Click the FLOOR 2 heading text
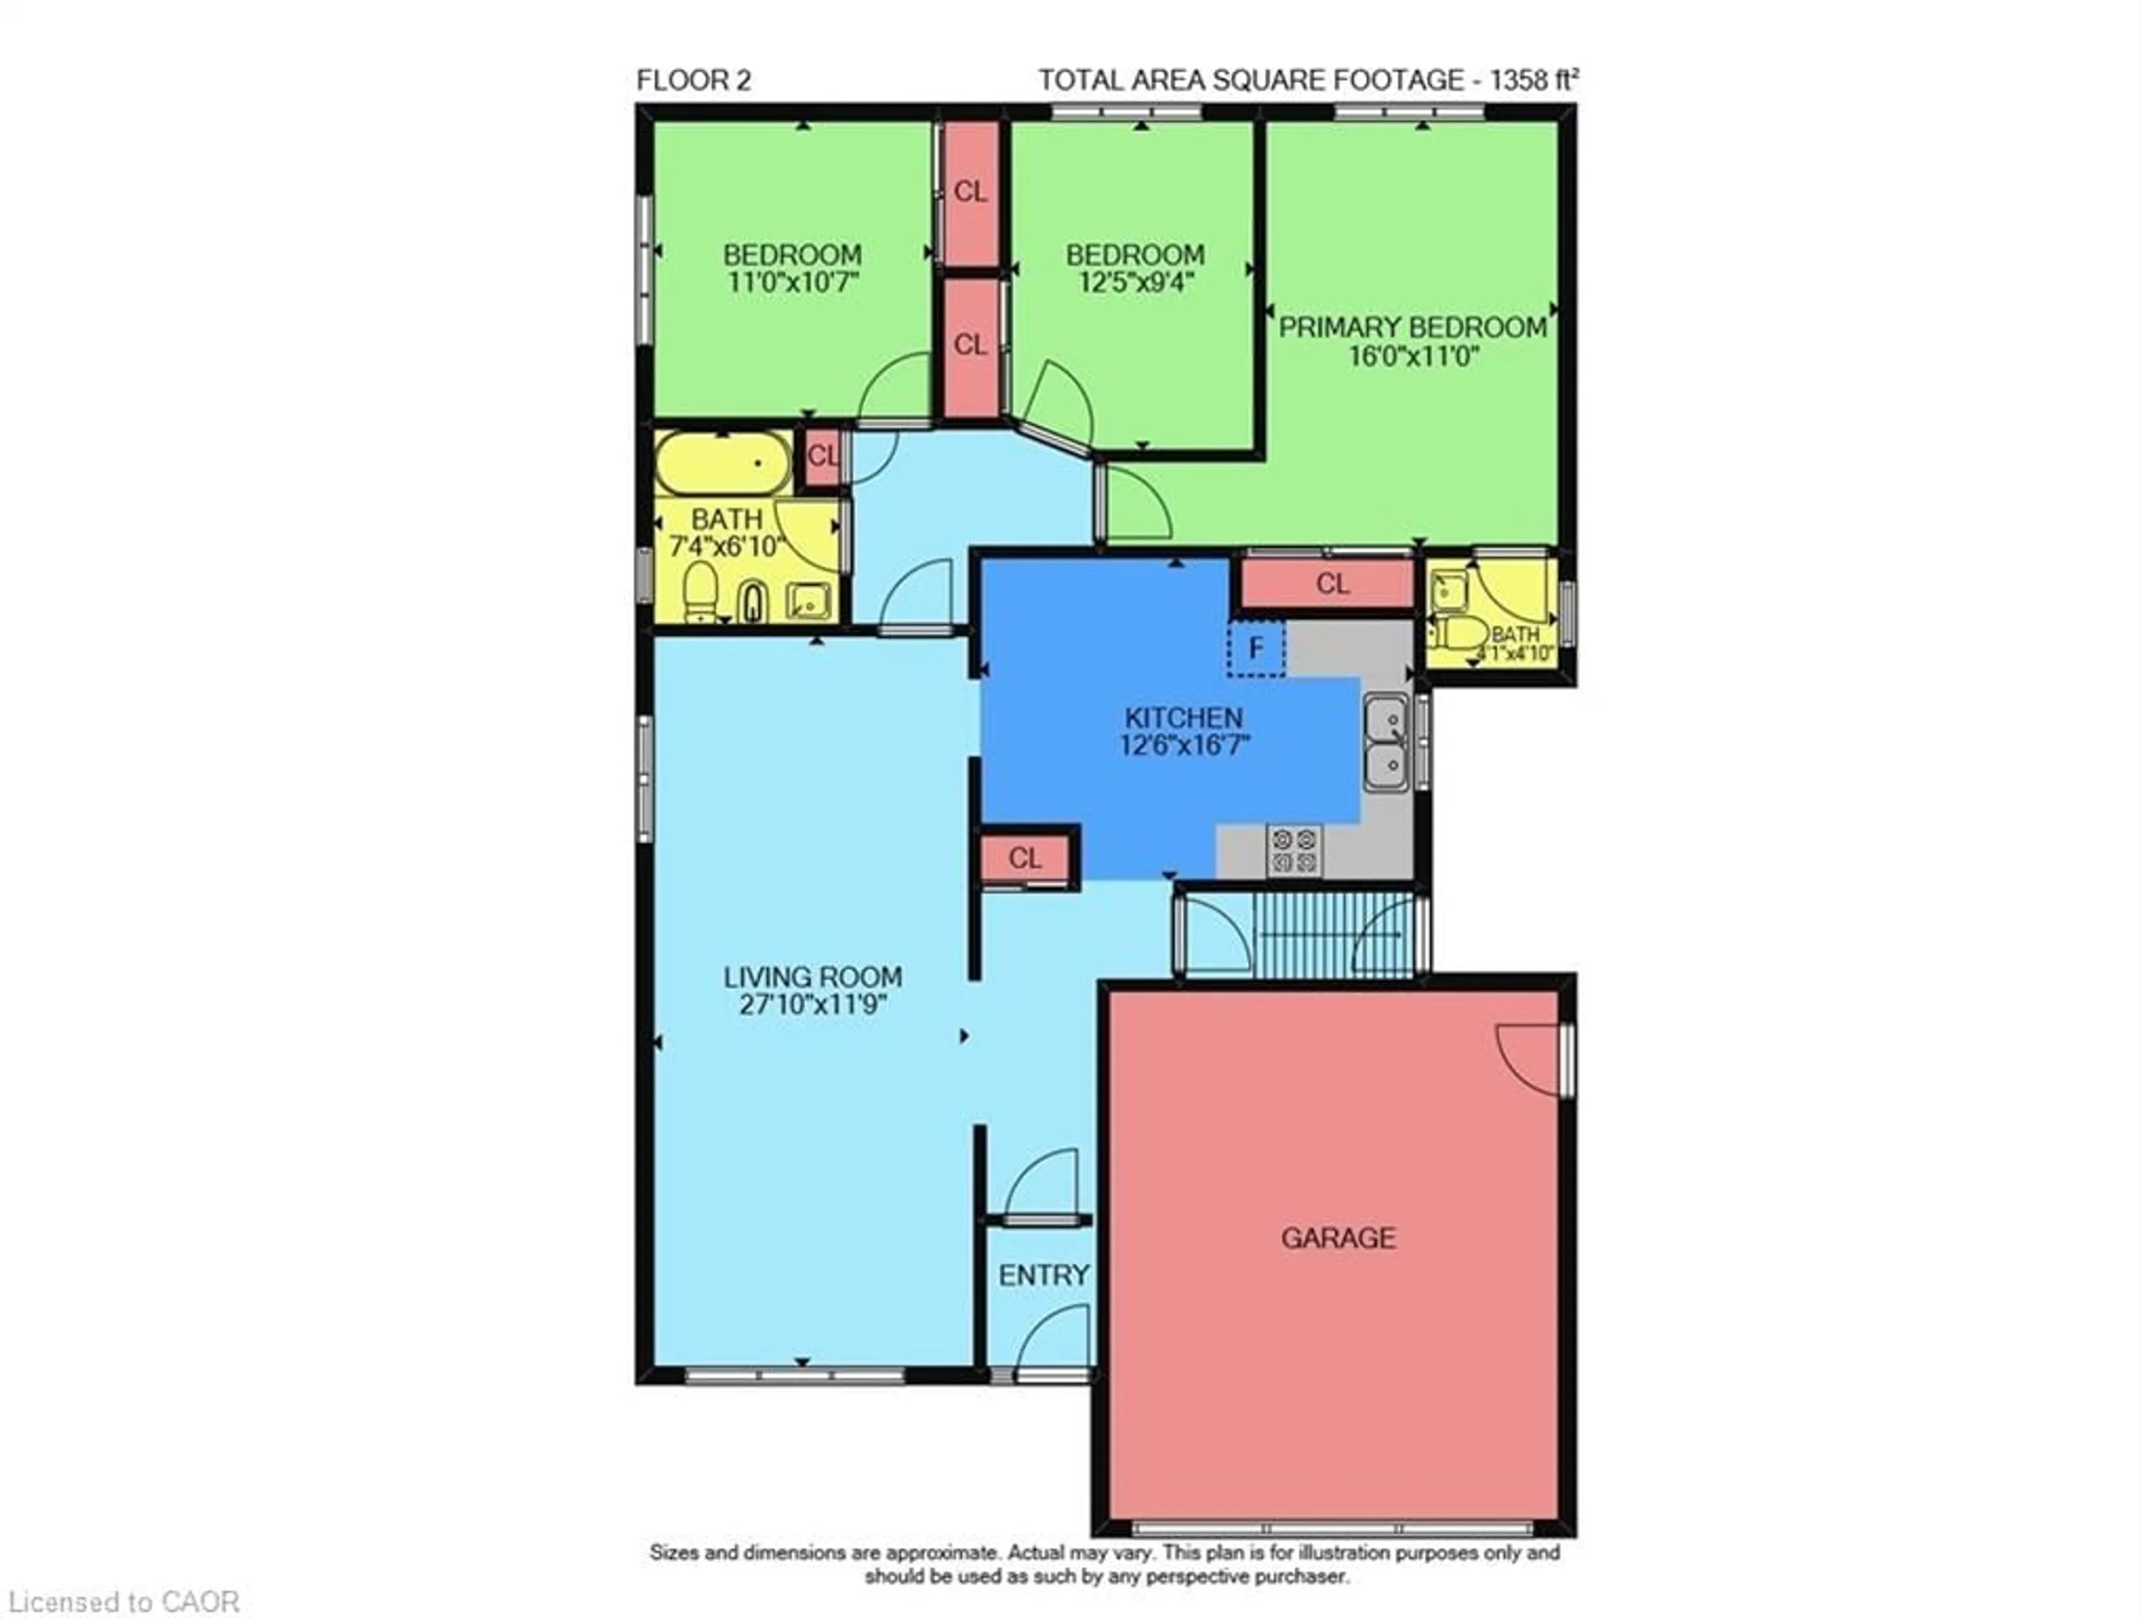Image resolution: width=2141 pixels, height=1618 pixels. click(693, 80)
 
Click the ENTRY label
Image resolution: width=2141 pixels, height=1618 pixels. click(1043, 1275)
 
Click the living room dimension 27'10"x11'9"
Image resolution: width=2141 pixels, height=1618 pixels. click(813, 1004)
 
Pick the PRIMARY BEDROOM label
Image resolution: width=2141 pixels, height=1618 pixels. click(1413, 328)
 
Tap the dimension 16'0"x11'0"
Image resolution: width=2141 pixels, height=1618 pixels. click(1414, 355)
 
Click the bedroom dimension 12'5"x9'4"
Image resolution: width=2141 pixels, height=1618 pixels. click(1135, 283)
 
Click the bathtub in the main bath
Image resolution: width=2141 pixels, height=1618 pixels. click(723, 463)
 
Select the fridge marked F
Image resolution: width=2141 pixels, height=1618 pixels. click(1256, 648)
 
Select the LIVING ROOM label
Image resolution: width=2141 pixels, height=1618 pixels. click(813, 977)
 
